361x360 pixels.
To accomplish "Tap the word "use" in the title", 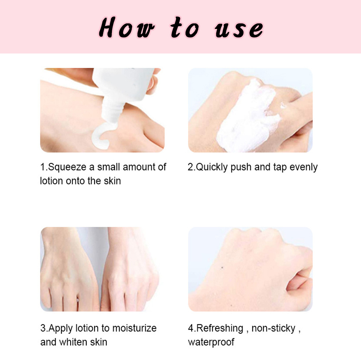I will tap(239, 29).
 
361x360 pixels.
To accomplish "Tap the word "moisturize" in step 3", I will tap(134, 328).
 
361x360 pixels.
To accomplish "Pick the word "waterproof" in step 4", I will tap(211, 342).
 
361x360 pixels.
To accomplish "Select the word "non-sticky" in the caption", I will tap(273, 328).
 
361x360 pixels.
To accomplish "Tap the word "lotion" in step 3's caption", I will tap(88, 328).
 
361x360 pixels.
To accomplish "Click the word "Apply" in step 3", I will tap(60, 328).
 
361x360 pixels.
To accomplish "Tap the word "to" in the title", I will tap(184, 29).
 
